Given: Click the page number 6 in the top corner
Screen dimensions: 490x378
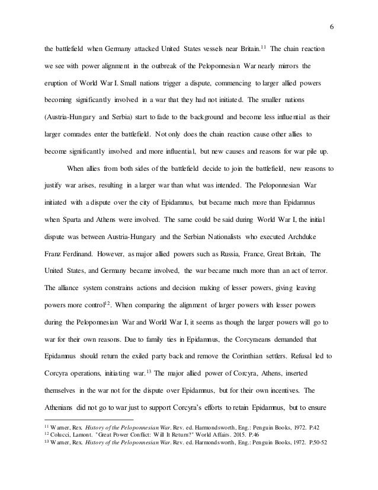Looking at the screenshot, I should (x=330, y=27).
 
